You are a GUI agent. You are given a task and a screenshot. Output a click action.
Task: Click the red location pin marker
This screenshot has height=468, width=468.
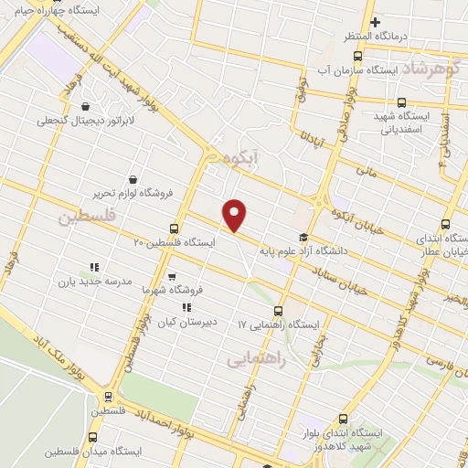[x=236, y=214]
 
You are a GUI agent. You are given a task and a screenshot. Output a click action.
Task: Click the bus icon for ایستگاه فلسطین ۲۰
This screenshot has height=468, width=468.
[x=174, y=229]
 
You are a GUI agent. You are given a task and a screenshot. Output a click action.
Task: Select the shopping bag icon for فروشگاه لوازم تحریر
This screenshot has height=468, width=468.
[x=134, y=179]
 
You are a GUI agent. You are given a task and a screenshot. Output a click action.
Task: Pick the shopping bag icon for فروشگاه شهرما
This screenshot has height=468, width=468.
[x=172, y=274]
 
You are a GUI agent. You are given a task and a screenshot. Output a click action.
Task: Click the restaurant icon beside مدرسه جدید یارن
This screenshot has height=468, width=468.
[x=93, y=267]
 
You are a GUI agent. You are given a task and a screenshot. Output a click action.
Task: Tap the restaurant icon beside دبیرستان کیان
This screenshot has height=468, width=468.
[x=186, y=308]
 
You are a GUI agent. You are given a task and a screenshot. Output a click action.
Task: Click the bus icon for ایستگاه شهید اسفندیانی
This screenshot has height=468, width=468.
[x=402, y=102]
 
